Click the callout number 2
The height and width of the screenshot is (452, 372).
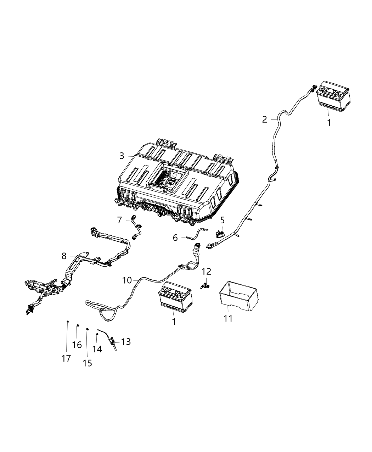point(265,119)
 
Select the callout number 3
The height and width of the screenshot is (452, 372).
point(122,156)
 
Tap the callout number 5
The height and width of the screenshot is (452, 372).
point(222,221)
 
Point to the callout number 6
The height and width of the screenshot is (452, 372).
point(175,238)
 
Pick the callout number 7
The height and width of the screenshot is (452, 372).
point(120,221)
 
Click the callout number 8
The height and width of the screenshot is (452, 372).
point(64,256)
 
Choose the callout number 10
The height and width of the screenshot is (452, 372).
point(127,280)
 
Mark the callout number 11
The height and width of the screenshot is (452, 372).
point(228,318)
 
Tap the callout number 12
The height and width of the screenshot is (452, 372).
point(207,272)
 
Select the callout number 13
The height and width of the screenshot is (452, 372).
point(126,341)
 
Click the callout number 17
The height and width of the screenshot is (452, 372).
point(66,358)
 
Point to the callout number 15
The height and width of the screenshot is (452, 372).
point(87,363)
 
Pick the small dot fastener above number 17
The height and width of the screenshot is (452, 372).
point(67,322)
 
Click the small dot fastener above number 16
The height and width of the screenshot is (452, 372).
point(78,325)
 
